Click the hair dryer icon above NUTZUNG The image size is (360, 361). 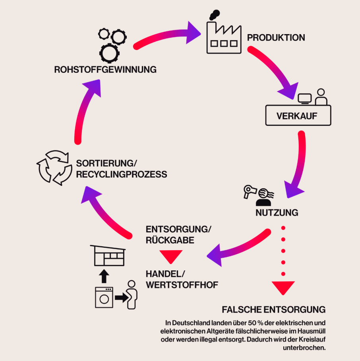249,192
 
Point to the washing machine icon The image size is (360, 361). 104,297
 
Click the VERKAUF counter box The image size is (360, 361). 298,116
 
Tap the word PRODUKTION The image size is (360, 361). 276,38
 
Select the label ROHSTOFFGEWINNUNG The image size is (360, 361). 105,69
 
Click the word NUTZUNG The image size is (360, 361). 277,213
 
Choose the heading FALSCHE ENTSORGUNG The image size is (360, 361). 274,309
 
